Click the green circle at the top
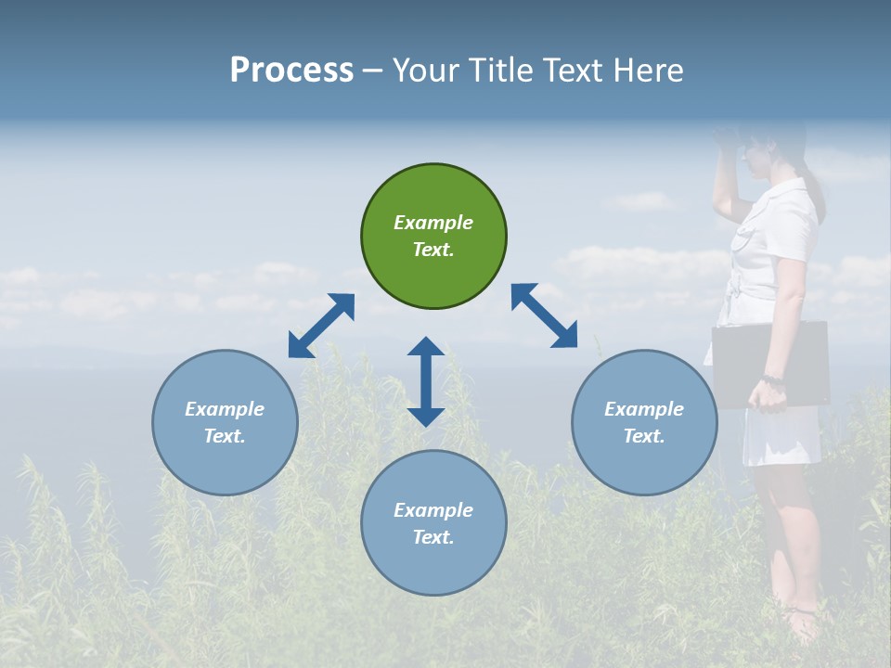point(433,237)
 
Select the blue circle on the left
point(225,422)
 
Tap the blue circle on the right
point(644,422)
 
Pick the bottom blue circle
point(433,523)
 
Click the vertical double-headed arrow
point(426,381)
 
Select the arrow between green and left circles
point(321,326)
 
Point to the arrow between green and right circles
point(544,315)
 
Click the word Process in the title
point(291,71)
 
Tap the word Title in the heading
point(497,71)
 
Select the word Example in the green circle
point(433,223)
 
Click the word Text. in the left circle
point(225,436)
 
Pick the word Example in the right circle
point(644,409)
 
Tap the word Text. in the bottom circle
point(433,537)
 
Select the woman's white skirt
point(780,436)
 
